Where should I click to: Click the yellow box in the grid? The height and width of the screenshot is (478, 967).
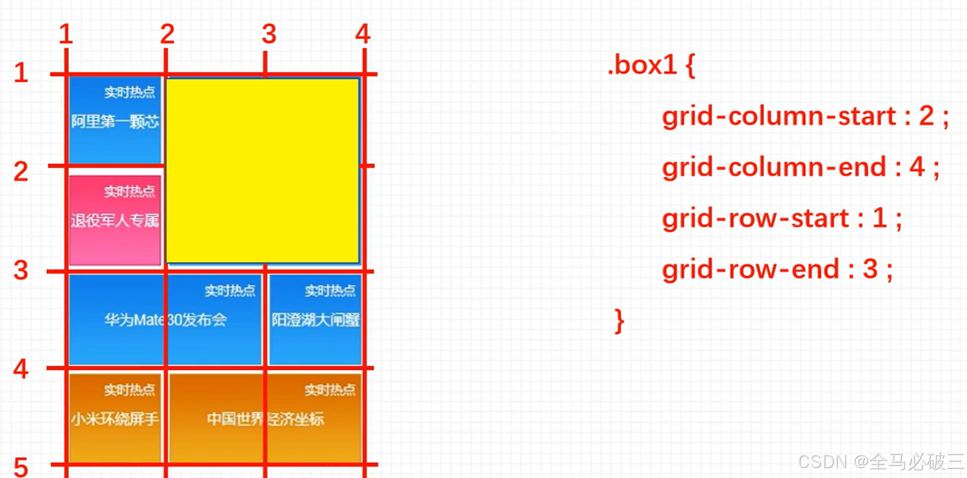click(x=262, y=171)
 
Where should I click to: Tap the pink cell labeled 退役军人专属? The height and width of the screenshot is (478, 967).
click(x=115, y=220)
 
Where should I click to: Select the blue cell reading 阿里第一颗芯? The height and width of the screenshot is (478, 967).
click(x=115, y=121)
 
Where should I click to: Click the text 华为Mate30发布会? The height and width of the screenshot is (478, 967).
click(x=165, y=320)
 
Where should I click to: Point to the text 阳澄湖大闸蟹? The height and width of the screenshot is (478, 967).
click(x=315, y=320)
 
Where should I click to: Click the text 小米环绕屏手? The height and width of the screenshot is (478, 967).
click(x=115, y=419)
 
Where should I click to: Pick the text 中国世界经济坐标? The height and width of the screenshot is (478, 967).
click(x=265, y=419)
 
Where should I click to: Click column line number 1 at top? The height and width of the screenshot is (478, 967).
click(x=66, y=34)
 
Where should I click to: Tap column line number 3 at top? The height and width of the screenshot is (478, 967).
click(x=269, y=34)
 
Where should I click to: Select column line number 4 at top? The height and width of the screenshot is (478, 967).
click(x=363, y=34)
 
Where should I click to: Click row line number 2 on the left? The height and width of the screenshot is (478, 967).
click(x=21, y=171)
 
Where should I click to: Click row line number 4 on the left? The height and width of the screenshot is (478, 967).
click(x=21, y=368)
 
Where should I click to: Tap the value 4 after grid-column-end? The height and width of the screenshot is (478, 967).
click(x=917, y=167)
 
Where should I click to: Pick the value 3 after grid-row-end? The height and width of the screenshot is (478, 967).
click(x=870, y=269)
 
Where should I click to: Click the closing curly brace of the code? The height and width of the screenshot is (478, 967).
click(x=619, y=321)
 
